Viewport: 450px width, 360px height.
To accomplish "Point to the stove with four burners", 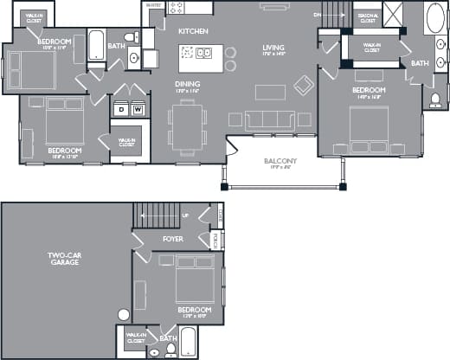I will [x=177, y=8].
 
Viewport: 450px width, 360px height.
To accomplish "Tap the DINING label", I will [x=188, y=84].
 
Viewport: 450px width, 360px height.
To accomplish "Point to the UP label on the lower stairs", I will [x=184, y=215].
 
